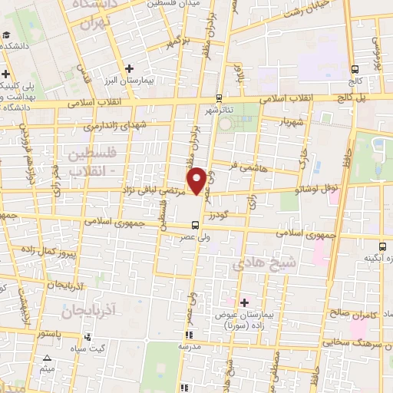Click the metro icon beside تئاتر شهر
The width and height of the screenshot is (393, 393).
[x=220, y=97]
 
